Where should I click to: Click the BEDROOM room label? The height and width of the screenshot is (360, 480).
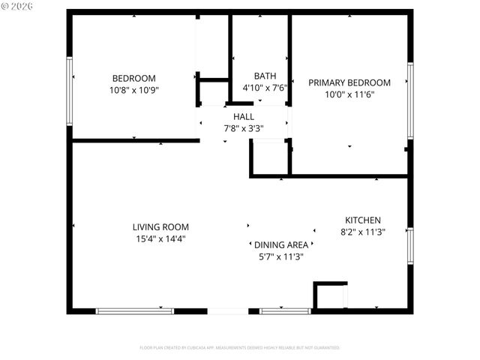click(x=133, y=79)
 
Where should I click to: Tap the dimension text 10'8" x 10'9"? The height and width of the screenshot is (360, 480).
click(x=133, y=89)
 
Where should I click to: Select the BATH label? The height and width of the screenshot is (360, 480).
click(x=265, y=76)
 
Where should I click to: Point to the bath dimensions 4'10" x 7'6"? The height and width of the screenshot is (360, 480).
click(x=265, y=88)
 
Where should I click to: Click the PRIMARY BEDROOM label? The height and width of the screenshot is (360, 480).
click(x=349, y=83)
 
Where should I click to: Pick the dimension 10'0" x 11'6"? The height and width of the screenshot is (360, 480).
click(x=349, y=94)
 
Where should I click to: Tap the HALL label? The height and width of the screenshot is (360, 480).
click(x=243, y=117)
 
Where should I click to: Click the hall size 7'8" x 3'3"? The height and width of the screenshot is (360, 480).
click(x=243, y=128)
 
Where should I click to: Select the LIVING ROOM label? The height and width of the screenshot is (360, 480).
click(x=160, y=227)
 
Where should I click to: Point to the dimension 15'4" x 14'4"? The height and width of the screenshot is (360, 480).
click(x=160, y=239)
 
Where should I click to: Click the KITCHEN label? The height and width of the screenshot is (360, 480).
click(x=363, y=220)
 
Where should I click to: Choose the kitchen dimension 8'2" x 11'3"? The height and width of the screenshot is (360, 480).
click(x=363, y=232)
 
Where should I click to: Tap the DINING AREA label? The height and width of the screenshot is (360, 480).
click(x=280, y=245)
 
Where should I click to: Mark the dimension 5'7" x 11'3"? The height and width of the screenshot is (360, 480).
click(x=280, y=256)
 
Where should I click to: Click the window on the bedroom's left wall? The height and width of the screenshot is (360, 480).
click(x=70, y=92)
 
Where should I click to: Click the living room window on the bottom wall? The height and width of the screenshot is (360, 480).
click(x=135, y=310)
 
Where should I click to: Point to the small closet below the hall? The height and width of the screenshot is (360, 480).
click(x=269, y=157)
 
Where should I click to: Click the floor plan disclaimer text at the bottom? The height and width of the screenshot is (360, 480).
click(x=240, y=348)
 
